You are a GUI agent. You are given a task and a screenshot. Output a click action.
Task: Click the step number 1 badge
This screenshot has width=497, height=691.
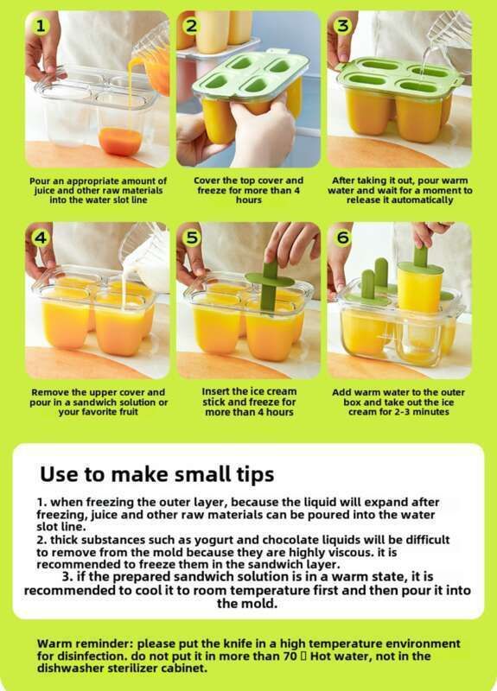click(x=40, y=26)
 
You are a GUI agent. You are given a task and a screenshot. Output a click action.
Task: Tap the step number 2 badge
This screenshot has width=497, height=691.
click(x=191, y=26)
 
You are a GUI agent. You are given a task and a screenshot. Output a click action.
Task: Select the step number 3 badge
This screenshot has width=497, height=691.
click(x=342, y=26)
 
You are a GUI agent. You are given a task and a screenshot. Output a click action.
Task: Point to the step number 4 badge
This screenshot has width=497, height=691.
click(x=40, y=238)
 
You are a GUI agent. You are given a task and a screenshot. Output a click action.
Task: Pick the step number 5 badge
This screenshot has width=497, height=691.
click(x=191, y=238)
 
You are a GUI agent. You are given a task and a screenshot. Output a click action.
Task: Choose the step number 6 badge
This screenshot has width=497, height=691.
click(x=342, y=238)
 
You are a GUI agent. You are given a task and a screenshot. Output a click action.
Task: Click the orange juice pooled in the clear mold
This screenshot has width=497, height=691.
click(x=120, y=142)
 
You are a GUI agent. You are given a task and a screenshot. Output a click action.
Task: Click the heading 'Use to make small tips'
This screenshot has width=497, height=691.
click(x=157, y=474)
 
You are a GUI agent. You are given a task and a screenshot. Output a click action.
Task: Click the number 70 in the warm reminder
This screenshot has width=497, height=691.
click(x=290, y=656)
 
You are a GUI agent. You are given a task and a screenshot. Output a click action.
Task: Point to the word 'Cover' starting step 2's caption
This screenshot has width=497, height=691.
click(x=207, y=181)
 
